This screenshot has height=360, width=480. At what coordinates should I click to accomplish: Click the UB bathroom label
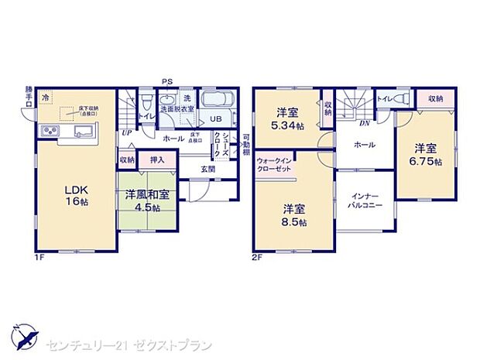click(x=216, y=118)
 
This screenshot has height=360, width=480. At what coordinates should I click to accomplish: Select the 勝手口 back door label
click(x=29, y=95)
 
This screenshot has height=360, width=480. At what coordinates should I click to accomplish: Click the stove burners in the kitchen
click(x=46, y=132)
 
